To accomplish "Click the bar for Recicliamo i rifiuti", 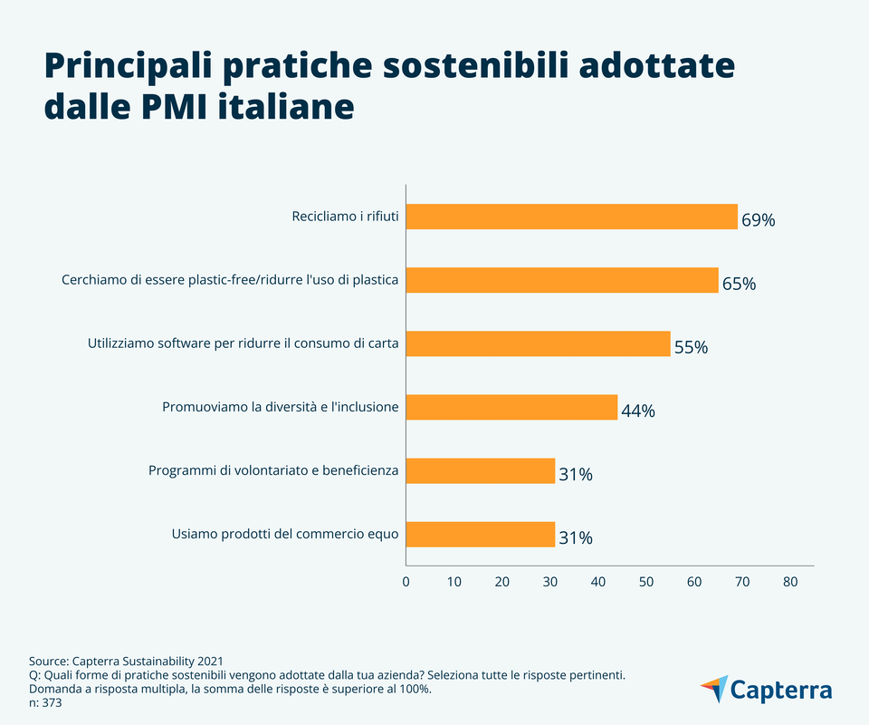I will point(571,217).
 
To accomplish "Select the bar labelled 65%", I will point(561,280).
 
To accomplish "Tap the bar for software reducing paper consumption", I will point(538,343).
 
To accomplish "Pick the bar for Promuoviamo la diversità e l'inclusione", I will point(511,407).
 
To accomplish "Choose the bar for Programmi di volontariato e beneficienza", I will point(480,470).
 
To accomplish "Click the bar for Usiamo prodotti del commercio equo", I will point(480,534).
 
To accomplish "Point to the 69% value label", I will point(758,220).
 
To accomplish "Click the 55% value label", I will point(691,347).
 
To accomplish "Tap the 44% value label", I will point(637,411).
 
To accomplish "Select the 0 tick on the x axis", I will point(406,582).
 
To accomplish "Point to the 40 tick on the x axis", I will point(597,582).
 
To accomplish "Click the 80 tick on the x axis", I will point(790,582).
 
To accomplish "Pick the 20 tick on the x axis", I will point(501,582).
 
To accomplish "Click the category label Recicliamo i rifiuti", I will point(345,217).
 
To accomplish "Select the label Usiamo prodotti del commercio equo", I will point(285,534).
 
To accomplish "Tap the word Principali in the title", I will point(127,67).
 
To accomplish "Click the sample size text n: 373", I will point(45,702).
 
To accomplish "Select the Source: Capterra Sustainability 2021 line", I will point(126,662).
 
